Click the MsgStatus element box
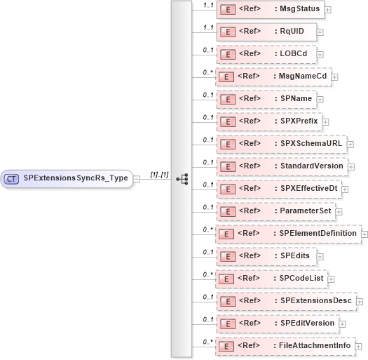(x=271, y=10)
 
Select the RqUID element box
(x=266, y=31)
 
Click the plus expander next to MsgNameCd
(x=335, y=76)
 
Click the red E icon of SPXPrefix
(x=227, y=121)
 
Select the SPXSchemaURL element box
(x=280, y=143)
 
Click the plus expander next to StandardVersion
(x=352, y=166)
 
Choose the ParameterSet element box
(x=276, y=211)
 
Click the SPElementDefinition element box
(x=287, y=233)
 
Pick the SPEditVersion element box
(x=278, y=323)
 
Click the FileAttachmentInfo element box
(x=285, y=345)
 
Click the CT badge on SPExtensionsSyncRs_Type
(x=11, y=178)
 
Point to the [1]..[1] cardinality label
(x=159, y=174)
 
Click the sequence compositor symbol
(x=182, y=179)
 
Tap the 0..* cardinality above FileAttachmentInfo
(x=207, y=341)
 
